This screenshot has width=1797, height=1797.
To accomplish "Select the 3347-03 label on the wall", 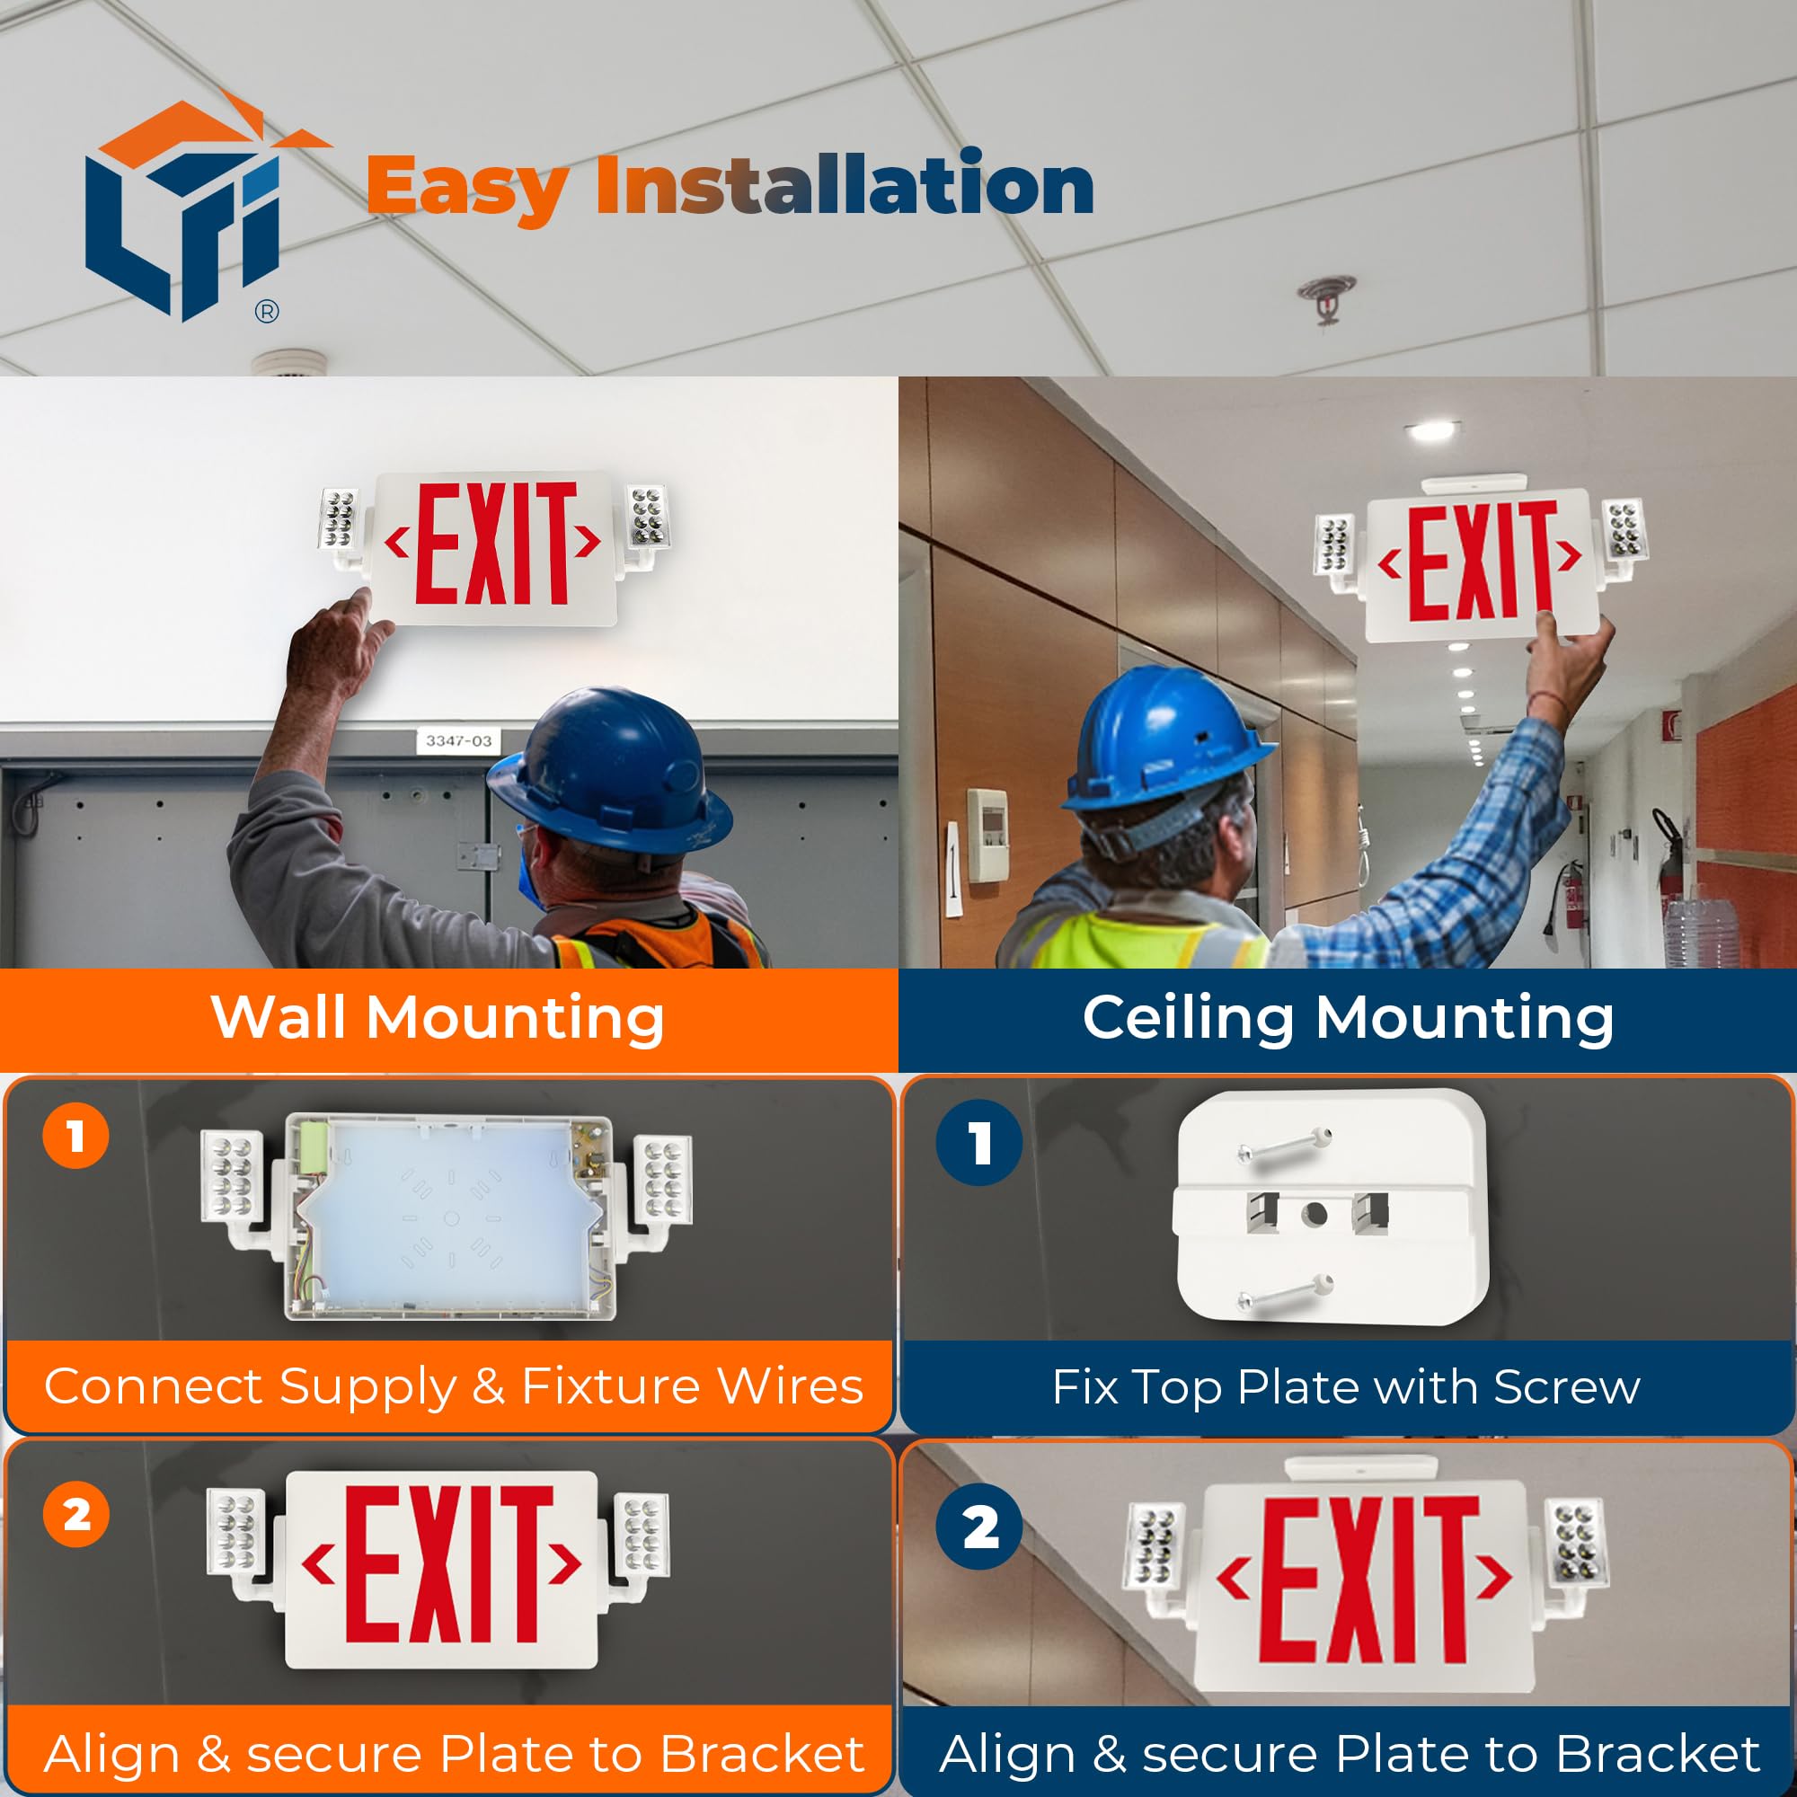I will [x=457, y=741].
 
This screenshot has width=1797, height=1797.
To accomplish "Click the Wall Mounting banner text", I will [x=438, y=1018].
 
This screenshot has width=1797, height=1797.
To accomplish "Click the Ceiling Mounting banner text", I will [x=1348, y=1018].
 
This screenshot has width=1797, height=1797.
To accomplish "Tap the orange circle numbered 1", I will [x=76, y=1136].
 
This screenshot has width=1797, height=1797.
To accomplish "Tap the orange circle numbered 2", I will [x=76, y=1515].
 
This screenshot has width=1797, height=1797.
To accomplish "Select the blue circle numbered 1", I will [x=979, y=1142].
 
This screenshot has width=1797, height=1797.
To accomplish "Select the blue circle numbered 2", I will [x=979, y=1527].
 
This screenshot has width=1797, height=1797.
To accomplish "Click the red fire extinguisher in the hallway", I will [x=1573, y=893].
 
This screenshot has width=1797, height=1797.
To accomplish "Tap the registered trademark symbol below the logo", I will [x=266, y=313].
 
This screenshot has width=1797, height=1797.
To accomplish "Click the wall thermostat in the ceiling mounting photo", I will [x=987, y=835].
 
